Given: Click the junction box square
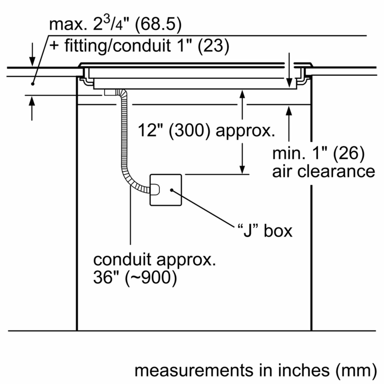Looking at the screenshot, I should [166, 190].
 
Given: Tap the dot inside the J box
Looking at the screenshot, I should [172, 190].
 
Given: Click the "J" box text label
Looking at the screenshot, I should [265, 230].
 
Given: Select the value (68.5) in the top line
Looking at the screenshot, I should [158, 24].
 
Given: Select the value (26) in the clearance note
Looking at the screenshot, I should [349, 153].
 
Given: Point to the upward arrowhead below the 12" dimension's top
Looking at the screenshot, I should [242, 94].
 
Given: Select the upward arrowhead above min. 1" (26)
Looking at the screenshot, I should [289, 111].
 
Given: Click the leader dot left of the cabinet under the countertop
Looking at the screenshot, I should [33, 84].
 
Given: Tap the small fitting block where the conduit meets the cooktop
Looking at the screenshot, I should [110, 92].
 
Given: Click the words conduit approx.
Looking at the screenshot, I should [154, 260].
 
